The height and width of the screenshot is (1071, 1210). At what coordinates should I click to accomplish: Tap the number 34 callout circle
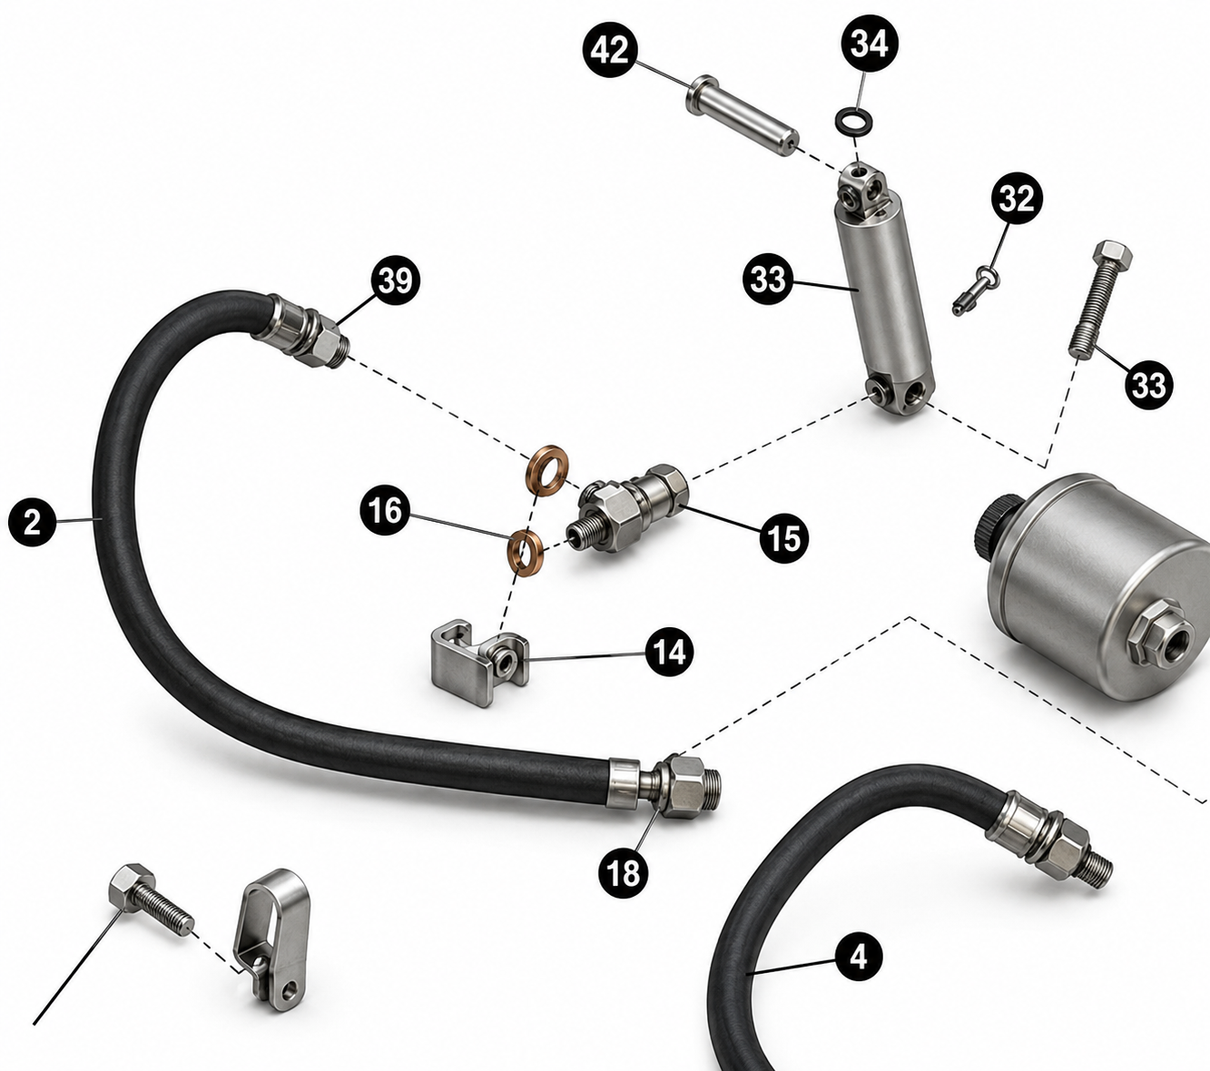[x=869, y=44]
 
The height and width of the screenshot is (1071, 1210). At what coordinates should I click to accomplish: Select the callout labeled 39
[x=395, y=280]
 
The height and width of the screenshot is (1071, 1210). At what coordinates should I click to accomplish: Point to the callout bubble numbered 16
[x=385, y=511]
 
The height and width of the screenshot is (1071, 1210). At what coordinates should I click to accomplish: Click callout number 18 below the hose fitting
[x=623, y=873]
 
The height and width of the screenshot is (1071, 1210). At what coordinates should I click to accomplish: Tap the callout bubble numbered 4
[x=858, y=958]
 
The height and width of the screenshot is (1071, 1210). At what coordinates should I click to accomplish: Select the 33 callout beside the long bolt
[x=1148, y=385]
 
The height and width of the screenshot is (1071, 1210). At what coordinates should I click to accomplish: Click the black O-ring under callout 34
[x=853, y=121]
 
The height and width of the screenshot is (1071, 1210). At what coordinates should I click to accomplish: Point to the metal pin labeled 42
[x=743, y=115]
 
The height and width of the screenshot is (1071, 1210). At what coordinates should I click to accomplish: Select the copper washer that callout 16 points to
[x=525, y=553]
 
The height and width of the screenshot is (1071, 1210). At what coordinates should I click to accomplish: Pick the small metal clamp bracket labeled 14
[x=479, y=662]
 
